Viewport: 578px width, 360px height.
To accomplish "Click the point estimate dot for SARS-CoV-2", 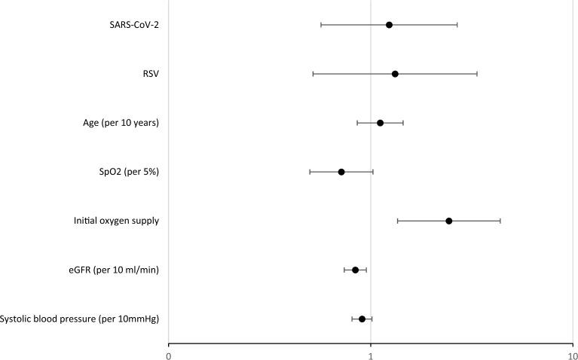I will pyautogui.click(x=389, y=25).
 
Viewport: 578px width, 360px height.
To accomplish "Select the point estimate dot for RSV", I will pyautogui.click(x=395, y=74).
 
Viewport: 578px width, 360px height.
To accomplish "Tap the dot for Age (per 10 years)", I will pyautogui.click(x=380, y=123).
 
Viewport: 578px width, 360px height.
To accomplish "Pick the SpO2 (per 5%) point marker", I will pyautogui.click(x=341, y=172).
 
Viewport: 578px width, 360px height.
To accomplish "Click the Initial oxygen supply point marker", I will pyautogui.click(x=448, y=221).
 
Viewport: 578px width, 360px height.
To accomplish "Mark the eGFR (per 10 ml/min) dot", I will pyautogui.click(x=355, y=270).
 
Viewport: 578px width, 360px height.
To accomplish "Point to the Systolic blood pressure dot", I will pyautogui.click(x=362, y=319).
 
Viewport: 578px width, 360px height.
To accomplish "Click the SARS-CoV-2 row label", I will pyautogui.click(x=134, y=25).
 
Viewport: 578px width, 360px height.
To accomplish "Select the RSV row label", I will pyautogui.click(x=149, y=74).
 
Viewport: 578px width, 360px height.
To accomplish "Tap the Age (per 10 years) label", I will pyautogui.click(x=121, y=123).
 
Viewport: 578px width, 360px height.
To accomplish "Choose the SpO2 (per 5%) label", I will pyautogui.click(x=124, y=172).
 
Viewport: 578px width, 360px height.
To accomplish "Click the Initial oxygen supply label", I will pyautogui.click(x=116, y=221).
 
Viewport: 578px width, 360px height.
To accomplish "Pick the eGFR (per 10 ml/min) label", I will pyautogui.click(x=113, y=270).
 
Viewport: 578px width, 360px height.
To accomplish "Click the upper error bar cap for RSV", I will pyautogui.click(x=476, y=74).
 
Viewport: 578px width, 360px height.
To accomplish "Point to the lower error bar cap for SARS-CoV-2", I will pyautogui.click(x=321, y=25).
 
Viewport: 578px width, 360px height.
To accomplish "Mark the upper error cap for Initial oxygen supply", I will pyautogui.click(x=500, y=221).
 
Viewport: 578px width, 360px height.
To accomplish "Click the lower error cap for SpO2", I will pyautogui.click(x=310, y=172).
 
